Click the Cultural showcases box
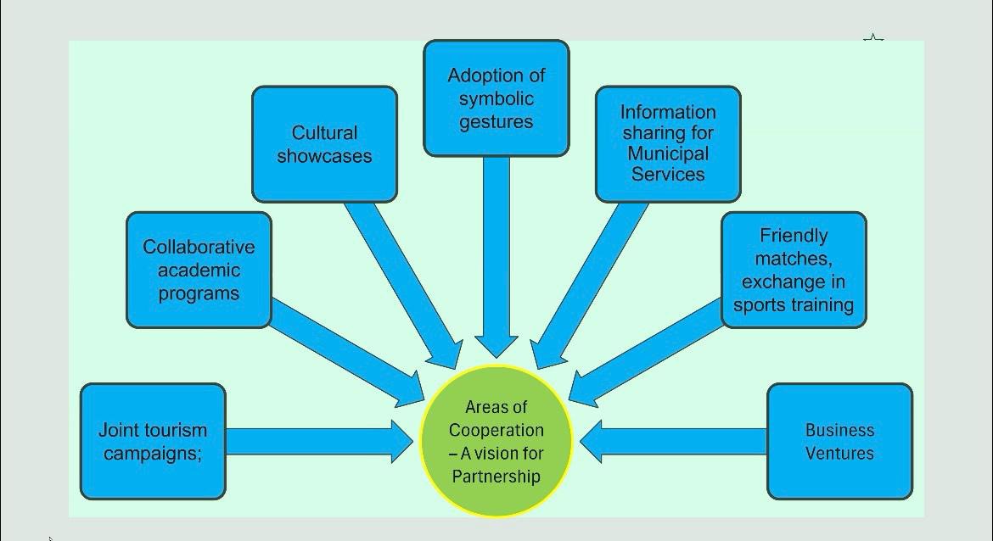324,144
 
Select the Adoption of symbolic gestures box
496,98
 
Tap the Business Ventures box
839,441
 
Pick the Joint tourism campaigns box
153,441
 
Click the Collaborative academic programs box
199,270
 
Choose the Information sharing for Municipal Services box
668,143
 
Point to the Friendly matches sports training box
794,270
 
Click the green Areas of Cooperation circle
496,441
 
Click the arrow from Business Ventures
679,441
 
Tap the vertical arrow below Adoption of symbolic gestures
496,254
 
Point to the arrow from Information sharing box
586,284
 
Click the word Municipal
668,153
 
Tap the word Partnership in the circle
496,477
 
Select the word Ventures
839,453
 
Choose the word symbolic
496,98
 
